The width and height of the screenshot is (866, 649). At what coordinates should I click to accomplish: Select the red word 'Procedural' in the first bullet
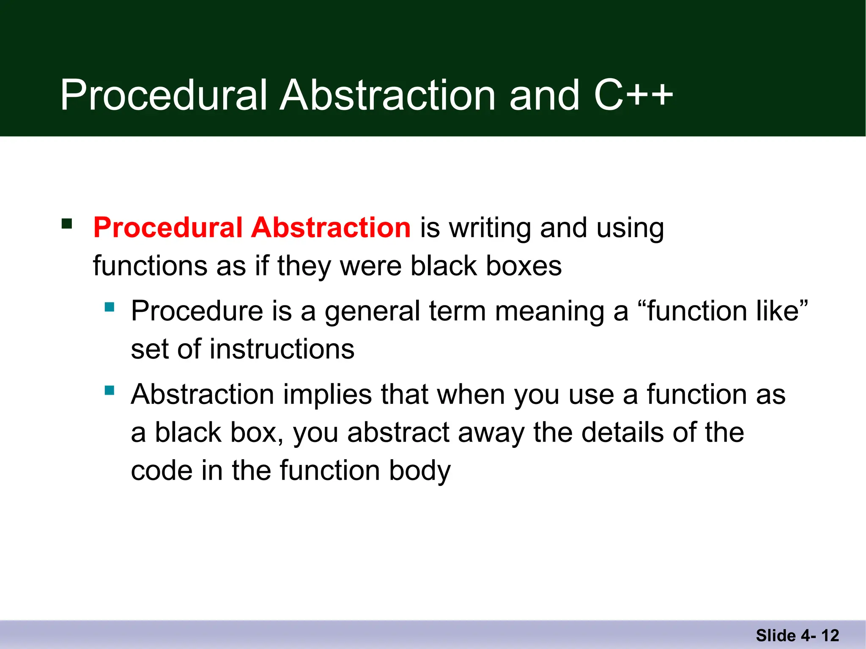[x=168, y=228]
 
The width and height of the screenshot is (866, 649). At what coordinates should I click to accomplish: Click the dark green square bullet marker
[x=67, y=223]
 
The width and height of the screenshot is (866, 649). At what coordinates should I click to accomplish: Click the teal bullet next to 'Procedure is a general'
[x=110, y=306]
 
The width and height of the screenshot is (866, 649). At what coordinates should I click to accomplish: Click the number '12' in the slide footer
[x=830, y=635]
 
